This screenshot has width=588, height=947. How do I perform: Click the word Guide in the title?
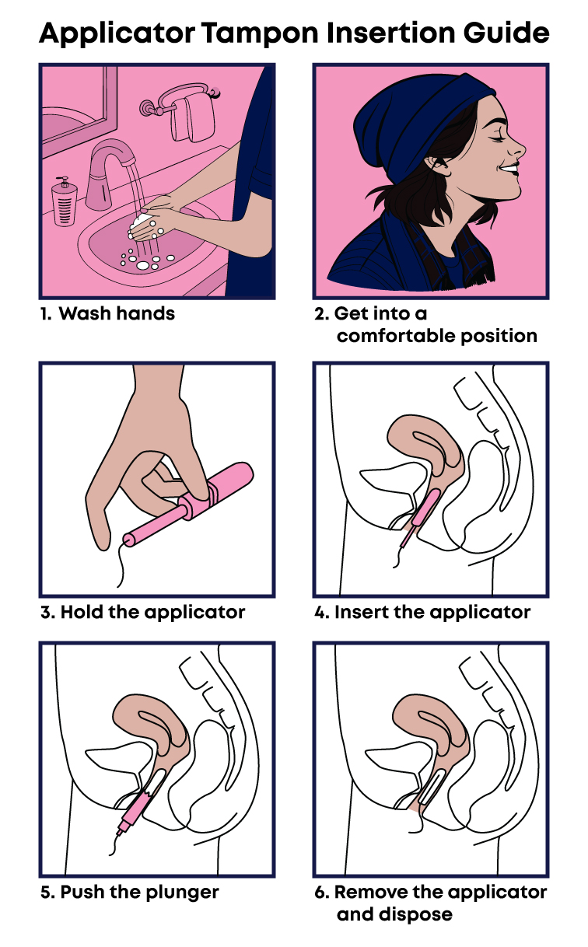[x=506, y=33]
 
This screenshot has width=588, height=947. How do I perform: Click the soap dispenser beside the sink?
[x=65, y=202]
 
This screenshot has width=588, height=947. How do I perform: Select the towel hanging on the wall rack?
[x=191, y=118]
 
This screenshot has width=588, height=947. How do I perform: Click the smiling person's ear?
[x=438, y=166]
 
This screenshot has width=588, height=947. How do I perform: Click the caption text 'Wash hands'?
[x=117, y=314]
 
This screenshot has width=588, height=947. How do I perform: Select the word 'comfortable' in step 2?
[x=396, y=337]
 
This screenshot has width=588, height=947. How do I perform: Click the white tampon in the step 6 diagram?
[x=432, y=786]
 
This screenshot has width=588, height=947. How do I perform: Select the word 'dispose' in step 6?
[x=415, y=915]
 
